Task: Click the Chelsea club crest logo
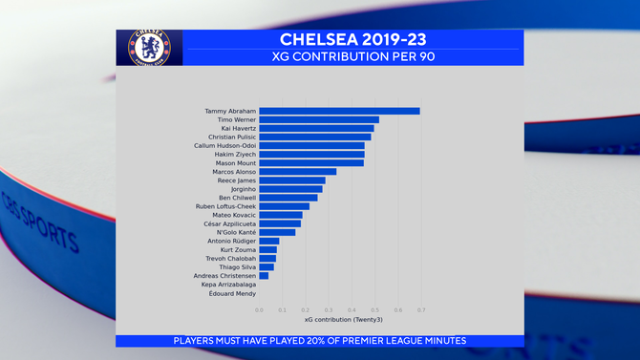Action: [x=148, y=47]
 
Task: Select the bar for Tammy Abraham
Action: [x=339, y=111]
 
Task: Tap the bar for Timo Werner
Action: [x=319, y=119]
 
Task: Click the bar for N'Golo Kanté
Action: [x=277, y=232]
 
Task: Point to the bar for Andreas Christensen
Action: [x=264, y=276]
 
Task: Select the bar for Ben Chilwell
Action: [x=288, y=198]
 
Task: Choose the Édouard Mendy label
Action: [x=232, y=293]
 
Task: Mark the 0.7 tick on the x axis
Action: [x=420, y=309]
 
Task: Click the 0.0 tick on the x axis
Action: [x=259, y=309]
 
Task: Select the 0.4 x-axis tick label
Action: [x=352, y=309]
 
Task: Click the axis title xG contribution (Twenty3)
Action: [x=339, y=320]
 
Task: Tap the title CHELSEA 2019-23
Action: [x=352, y=39]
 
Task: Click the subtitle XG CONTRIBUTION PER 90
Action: [x=352, y=56]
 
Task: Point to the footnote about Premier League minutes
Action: [x=320, y=341]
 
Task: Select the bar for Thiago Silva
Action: [x=267, y=267]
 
